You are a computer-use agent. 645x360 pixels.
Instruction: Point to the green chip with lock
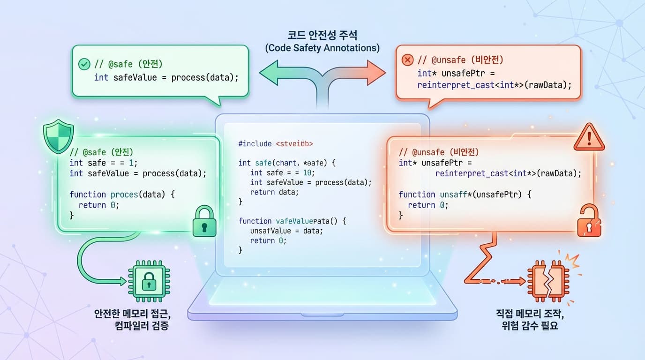149,281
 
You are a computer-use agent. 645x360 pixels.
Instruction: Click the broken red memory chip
546,280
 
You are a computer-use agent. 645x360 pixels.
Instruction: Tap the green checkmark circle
84,64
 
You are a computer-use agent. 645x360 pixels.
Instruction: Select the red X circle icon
408,60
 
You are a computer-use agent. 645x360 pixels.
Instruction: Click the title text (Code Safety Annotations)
322,48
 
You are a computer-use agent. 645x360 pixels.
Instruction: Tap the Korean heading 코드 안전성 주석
322,35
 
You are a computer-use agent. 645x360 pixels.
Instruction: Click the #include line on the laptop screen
275,143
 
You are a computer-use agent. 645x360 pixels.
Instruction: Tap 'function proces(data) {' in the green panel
122,194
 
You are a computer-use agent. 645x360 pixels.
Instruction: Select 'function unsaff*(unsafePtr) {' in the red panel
465,194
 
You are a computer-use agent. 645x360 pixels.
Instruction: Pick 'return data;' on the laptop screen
274,192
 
